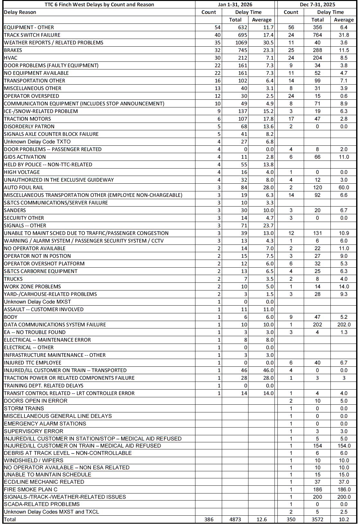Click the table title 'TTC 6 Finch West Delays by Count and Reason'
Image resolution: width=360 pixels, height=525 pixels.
(99, 5)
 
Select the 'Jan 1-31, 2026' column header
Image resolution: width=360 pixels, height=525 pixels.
(235, 5)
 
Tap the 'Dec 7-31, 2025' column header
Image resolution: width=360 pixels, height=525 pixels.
(317, 5)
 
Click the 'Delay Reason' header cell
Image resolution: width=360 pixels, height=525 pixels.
(20, 12)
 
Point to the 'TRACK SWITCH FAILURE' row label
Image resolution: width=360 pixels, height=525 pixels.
(32, 35)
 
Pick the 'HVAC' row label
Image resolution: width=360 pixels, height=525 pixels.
(11, 58)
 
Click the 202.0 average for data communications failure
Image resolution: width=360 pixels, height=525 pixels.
(344, 325)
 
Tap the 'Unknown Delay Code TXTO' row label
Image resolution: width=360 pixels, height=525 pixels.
(37, 142)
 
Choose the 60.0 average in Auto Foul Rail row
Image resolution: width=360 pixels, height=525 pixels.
(344, 188)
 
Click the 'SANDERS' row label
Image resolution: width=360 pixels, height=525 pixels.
(15, 210)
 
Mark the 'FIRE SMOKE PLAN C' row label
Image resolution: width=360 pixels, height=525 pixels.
(31, 490)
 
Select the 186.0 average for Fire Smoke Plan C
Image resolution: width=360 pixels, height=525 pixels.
(344, 490)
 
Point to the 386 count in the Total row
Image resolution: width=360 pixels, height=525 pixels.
(209, 519)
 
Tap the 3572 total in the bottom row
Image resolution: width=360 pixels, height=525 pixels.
(317, 519)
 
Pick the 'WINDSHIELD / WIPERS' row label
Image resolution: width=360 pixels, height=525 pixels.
(33, 460)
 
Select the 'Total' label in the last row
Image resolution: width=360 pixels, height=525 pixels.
(10, 519)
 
